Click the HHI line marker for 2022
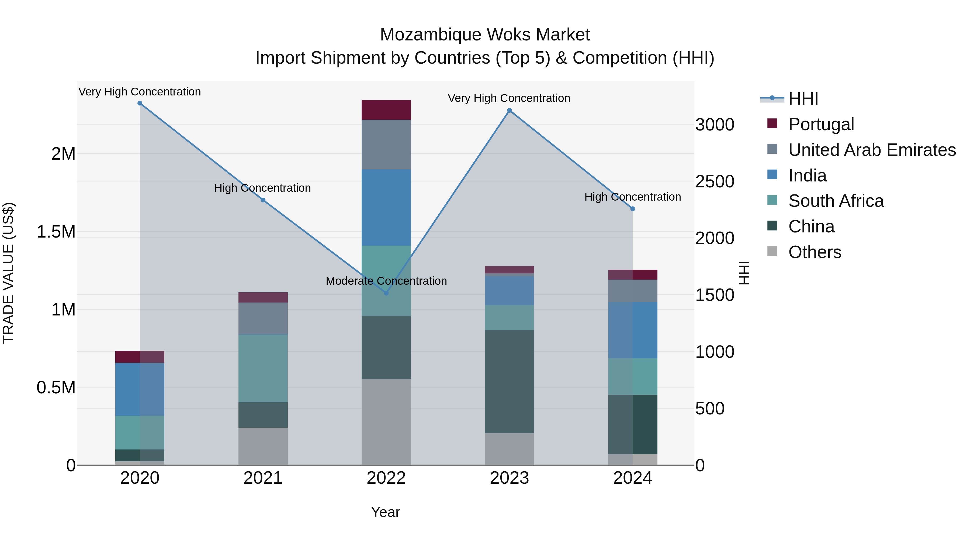(386, 293)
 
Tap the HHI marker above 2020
(140, 103)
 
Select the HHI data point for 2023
(510, 110)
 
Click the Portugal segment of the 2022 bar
(386, 110)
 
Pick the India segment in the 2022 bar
(386, 207)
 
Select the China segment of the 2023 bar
(510, 381)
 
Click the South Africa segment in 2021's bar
(263, 368)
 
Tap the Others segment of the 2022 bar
(386, 422)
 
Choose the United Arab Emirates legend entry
(872, 150)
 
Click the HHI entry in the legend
(803, 99)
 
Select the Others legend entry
(815, 252)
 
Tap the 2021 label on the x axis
(263, 478)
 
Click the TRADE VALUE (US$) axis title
(9, 273)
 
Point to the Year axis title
(385, 512)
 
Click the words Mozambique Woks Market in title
(485, 35)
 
